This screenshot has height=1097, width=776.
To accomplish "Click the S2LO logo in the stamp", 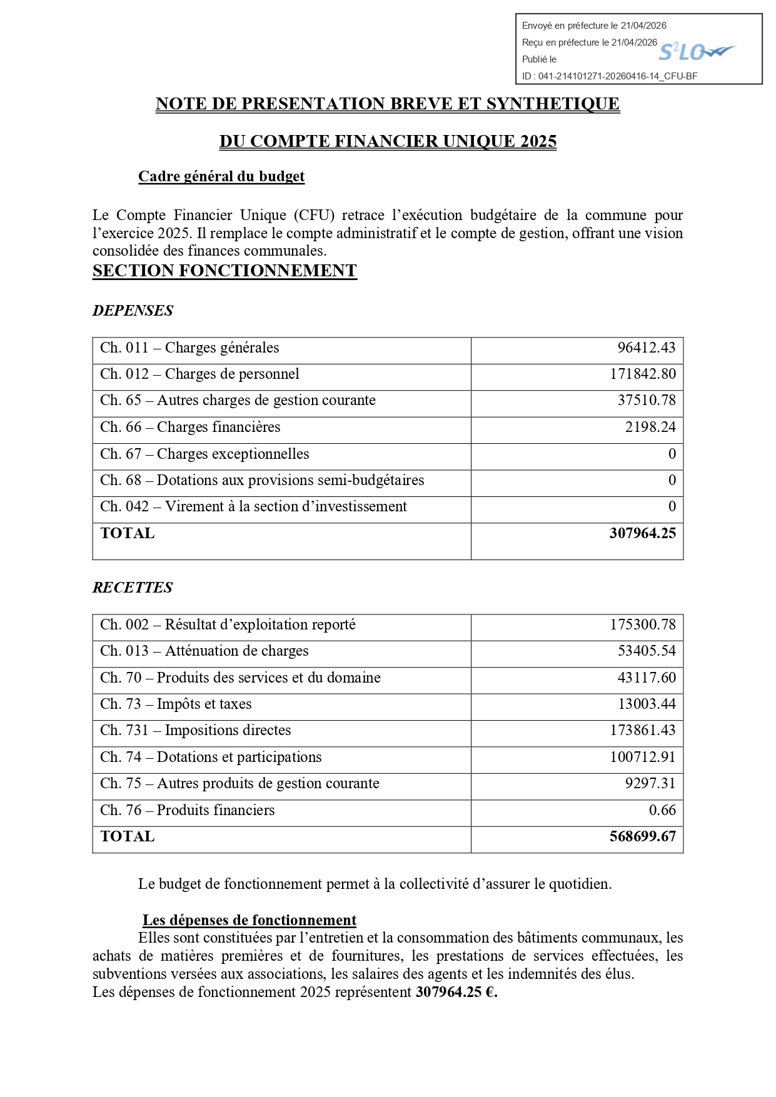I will pos(696,51).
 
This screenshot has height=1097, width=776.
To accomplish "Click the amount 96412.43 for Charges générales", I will pos(646,348).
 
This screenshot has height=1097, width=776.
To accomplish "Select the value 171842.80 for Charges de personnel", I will pos(642,374).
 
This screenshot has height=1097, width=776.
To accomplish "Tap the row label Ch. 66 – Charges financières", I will pos(190,427).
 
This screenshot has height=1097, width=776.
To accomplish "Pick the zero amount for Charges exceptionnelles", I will pos(672,454).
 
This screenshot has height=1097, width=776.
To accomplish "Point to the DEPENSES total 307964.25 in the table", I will pos(642,533).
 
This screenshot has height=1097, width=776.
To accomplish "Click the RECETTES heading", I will pos(133,588).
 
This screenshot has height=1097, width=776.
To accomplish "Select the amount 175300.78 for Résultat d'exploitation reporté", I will pos(642,624).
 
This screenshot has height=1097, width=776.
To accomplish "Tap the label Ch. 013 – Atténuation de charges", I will pos(204,651).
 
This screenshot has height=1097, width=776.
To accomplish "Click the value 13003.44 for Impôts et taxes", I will pos(647,704).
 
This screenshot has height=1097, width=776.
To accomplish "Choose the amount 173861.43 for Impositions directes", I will pos(642,730).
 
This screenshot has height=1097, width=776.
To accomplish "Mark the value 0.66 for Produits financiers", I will pos(662,810).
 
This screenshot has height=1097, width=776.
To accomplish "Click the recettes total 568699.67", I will pos(642,836).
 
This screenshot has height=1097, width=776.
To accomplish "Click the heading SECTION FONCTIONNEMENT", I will pos(224,271).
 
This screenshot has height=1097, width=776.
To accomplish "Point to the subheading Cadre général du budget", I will pos(221,176).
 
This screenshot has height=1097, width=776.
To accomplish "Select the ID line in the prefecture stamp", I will pos(610,76).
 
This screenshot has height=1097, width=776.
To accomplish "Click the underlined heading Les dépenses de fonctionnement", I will pos(249,920).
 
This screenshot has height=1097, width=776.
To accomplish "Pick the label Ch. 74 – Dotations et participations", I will pos(211,757).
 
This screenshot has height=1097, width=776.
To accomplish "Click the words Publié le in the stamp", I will pos(539,59).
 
